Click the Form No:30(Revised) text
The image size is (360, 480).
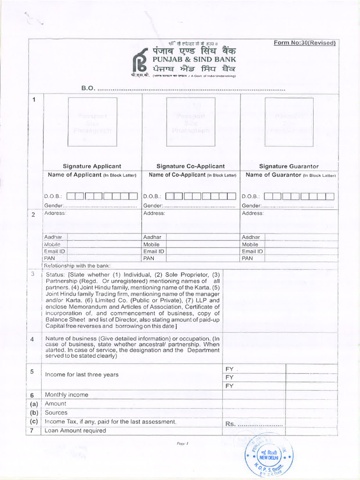(x=305, y=43)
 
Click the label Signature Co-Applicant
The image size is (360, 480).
(x=190, y=166)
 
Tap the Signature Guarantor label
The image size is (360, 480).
(x=289, y=166)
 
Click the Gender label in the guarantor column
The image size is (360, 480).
(x=251, y=206)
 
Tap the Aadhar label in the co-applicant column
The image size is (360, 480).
(x=152, y=237)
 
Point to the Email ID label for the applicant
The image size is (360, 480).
(x=54, y=251)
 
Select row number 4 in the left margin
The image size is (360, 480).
(x=32, y=339)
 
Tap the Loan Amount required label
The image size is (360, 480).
(x=75, y=430)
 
